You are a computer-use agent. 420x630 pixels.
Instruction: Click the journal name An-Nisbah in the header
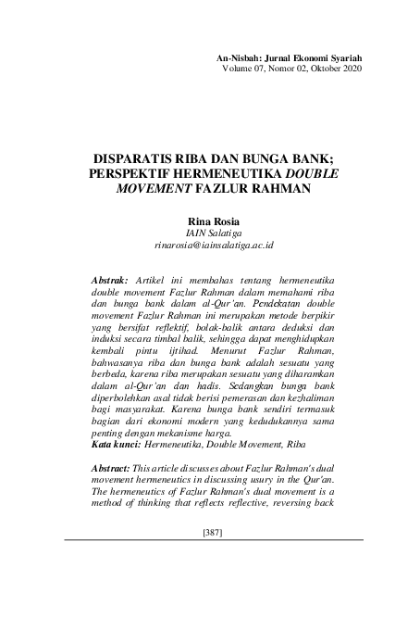tap(241, 57)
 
